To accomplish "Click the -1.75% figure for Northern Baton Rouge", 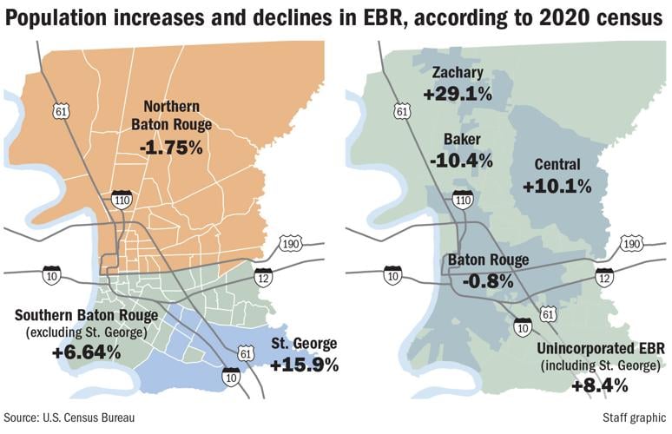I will (x=170, y=147).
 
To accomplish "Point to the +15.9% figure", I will (x=304, y=365).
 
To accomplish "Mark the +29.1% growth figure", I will (x=458, y=93).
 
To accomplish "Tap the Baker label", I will (x=460, y=139).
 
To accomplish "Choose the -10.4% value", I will (x=460, y=160).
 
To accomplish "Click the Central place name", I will (x=557, y=165).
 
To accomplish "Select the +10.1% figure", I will (x=557, y=186).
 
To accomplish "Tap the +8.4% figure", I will (x=599, y=384).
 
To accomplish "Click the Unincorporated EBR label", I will (x=600, y=348).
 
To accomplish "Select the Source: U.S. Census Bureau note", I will (x=69, y=418).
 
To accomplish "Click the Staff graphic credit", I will (x=630, y=418).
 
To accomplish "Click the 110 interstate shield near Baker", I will (x=463, y=200).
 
